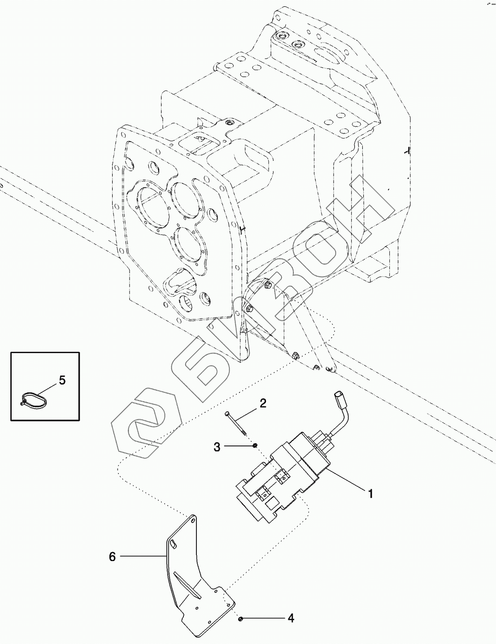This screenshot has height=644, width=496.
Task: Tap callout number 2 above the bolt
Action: click(x=263, y=403)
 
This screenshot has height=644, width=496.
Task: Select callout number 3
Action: click(x=217, y=446)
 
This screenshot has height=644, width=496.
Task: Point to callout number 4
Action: click(x=291, y=618)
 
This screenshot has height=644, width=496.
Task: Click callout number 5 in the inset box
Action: click(x=62, y=380)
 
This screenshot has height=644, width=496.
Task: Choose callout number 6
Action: click(x=112, y=557)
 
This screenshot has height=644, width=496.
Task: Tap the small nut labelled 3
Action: click(x=255, y=445)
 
